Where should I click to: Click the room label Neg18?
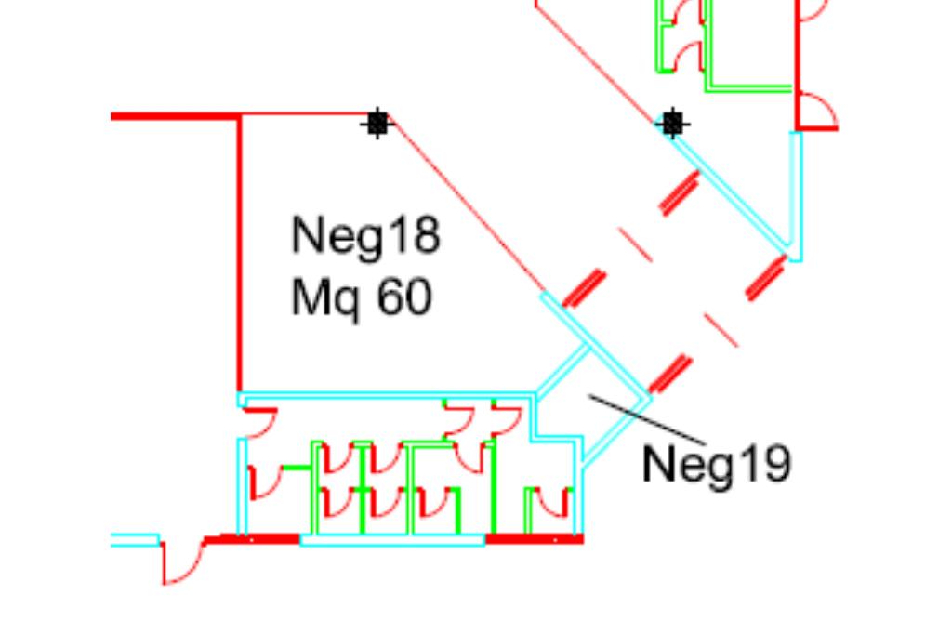click(x=365, y=235)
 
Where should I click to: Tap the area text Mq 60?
click(x=361, y=298)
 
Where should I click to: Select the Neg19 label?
click(x=716, y=463)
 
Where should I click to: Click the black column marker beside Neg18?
click(x=377, y=123)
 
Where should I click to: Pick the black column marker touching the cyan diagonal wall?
click(x=672, y=123)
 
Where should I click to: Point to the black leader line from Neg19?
click(x=647, y=419)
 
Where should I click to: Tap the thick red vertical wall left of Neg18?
click(x=240, y=251)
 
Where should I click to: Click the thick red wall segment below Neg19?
click(x=534, y=538)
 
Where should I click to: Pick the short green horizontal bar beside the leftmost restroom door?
click(x=296, y=468)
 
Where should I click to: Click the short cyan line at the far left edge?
click(x=135, y=539)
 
